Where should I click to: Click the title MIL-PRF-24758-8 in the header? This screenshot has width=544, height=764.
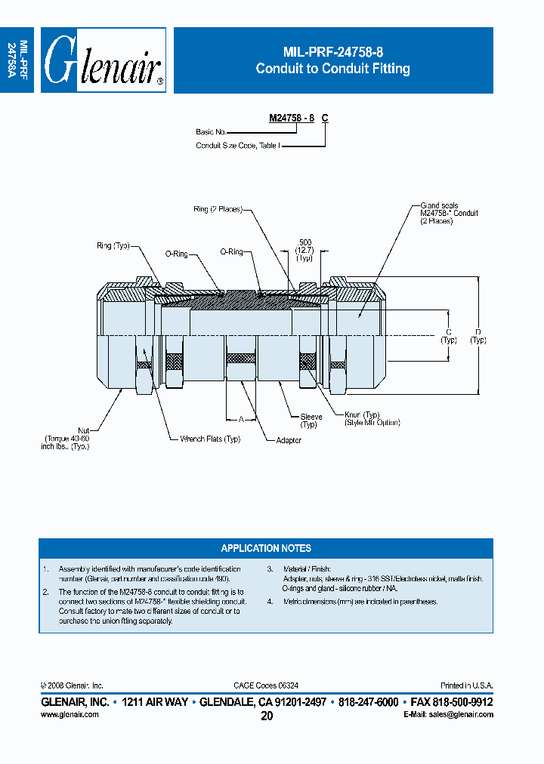332,52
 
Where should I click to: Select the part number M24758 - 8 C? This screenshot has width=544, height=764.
298,119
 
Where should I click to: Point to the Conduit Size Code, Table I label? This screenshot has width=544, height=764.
237,145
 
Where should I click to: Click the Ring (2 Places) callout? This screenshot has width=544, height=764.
217,209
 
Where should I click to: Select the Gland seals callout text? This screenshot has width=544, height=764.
439,205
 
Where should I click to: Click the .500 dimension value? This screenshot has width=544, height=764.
304,243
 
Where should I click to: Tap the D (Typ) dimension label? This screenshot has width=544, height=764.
478,335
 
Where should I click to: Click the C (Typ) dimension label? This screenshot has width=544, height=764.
449,335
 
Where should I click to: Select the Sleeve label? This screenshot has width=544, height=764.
311,417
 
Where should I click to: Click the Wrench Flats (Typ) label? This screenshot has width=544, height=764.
210,439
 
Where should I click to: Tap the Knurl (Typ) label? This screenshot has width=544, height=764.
362,415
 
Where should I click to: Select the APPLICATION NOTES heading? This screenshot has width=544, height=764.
266,548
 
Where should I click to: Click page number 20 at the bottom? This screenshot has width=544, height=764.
267,716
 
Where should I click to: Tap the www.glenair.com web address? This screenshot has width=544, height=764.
65,713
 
